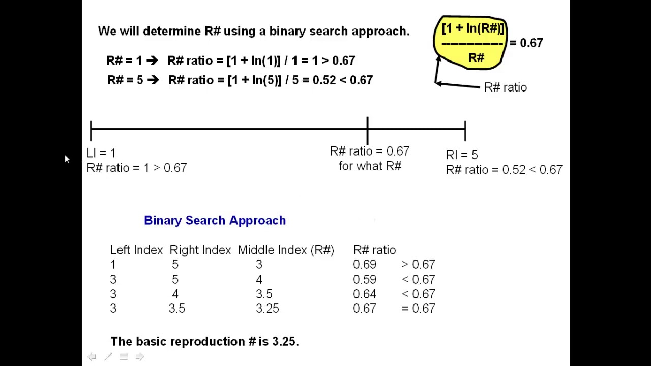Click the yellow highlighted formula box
(470, 43)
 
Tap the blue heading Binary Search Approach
(215, 220)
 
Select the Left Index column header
(136, 250)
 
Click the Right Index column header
(200, 250)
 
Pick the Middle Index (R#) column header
(286, 250)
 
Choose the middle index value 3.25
(268, 308)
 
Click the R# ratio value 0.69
(365, 264)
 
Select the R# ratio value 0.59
(365, 279)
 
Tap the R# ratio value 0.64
(365, 294)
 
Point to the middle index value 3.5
(264, 294)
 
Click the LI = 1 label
(101, 153)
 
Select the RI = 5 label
(462, 155)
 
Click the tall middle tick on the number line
(368, 131)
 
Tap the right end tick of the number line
(465, 131)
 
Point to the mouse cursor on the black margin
(67, 159)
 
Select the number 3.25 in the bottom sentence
(284, 341)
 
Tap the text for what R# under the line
(370, 166)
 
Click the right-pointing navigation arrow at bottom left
(140, 356)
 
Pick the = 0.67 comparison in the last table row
(419, 308)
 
